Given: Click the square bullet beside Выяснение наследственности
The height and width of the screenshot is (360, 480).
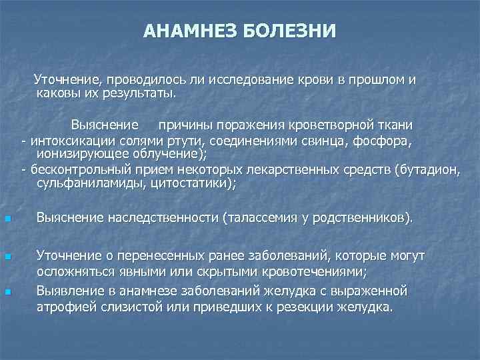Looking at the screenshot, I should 7,219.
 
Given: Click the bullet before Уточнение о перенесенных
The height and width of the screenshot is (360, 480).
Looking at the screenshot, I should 7,257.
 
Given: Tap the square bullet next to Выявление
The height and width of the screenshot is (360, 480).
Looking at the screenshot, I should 7,292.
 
